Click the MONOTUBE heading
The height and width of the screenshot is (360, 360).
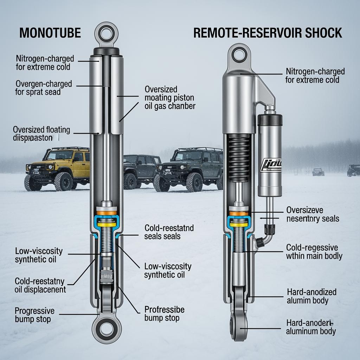[x=50, y=33]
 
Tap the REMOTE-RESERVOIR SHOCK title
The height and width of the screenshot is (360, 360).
[x=268, y=33]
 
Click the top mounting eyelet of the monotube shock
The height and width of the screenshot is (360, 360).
[x=106, y=34]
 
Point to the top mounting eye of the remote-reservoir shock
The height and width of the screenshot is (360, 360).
[x=239, y=54]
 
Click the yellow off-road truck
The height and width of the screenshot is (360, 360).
[x=58, y=168]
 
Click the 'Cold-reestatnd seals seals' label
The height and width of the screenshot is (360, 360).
[x=169, y=232]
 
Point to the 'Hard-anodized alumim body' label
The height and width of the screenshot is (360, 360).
[x=311, y=296]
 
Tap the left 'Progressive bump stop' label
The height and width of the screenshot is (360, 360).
[x=34, y=315]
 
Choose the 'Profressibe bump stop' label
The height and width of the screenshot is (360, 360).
[x=164, y=314]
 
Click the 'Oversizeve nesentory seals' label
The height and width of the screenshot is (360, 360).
[x=313, y=214]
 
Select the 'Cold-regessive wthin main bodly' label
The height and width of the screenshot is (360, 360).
[x=314, y=251]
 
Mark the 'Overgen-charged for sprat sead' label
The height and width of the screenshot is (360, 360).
[x=43, y=88]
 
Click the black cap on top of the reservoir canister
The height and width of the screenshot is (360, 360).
[x=270, y=120]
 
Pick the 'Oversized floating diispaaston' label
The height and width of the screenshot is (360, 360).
[x=41, y=134]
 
